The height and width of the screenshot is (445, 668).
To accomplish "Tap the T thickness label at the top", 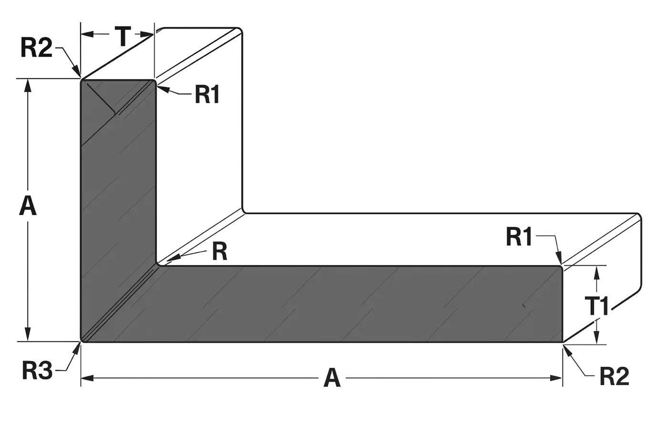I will (123, 37).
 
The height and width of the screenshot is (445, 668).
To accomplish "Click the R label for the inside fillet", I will (219, 251).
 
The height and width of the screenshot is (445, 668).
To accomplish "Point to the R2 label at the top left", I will (36, 48).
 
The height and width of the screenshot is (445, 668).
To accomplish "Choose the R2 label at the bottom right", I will (614, 376).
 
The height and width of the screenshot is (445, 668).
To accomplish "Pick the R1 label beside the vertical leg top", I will (207, 95).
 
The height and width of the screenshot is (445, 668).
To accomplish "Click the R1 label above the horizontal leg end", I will (519, 237).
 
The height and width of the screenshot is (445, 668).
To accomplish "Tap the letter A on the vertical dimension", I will (28, 207).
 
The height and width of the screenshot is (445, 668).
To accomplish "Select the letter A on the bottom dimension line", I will (332, 378).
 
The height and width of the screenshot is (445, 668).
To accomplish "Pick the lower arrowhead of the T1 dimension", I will (596, 338).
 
